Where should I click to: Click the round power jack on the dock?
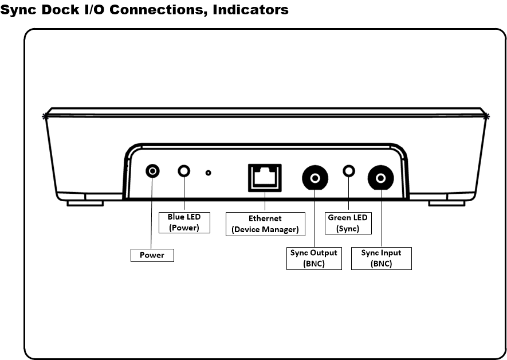[152, 171]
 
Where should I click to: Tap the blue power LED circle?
[184, 171]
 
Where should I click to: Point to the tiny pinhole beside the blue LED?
[208, 172]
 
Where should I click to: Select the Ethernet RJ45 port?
[265, 178]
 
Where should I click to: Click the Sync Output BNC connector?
[315, 178]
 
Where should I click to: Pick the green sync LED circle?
[348, 171]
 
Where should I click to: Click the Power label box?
[152, 255]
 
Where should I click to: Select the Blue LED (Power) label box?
[184, 222]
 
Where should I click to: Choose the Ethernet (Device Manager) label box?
[265, 224]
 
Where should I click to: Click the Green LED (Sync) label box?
[348, 222]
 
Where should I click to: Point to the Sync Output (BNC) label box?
[315, 258]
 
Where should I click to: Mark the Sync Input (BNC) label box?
[381, 258]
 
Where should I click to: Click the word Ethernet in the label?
[265, 218]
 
